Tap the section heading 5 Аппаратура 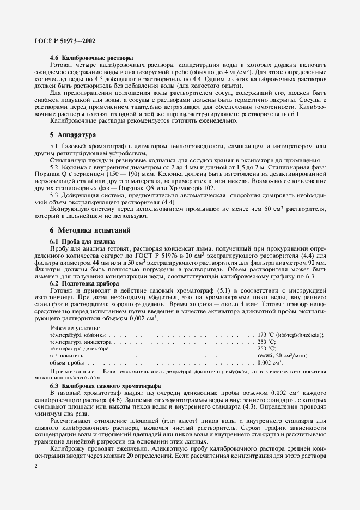point(72,134)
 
